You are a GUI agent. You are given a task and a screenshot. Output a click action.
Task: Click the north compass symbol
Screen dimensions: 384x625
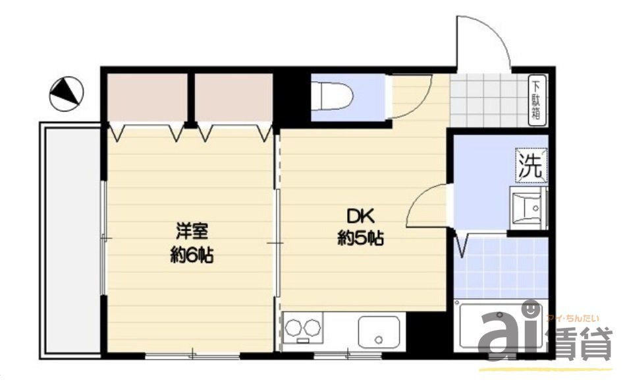click(67, 94)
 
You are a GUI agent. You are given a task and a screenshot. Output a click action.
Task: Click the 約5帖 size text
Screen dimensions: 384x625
click(360, 239)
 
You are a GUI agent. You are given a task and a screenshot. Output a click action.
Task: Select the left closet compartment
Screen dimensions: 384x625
click(146, 98)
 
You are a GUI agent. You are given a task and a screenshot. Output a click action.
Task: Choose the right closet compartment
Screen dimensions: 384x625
click(234, 98)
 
